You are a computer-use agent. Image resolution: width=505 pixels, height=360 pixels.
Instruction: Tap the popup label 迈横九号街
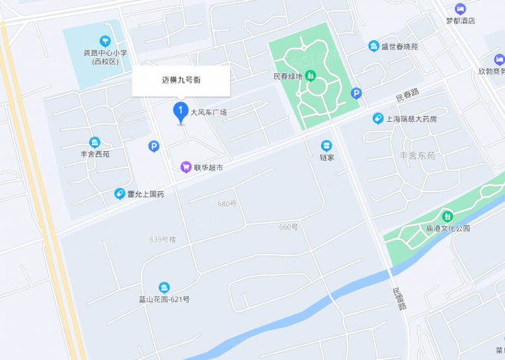click(x=181, y=81)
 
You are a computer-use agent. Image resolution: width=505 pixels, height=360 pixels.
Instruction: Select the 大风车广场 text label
click(x=208, y=112)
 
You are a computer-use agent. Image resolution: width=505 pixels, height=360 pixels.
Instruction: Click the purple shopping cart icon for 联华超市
click(x=186, y=167)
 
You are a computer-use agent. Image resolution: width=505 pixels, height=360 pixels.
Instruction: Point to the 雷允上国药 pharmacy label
click(x=145, y=194)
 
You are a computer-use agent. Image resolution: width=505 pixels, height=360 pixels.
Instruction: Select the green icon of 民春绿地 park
click(x=311, y=76)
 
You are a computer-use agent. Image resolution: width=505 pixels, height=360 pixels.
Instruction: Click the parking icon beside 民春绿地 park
click(x=355, y=93)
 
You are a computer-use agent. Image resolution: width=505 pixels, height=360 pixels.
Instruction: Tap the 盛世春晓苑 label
click(x=399, y=47)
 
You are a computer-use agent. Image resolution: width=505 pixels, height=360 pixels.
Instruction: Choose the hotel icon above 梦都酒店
click(x=460, y=8)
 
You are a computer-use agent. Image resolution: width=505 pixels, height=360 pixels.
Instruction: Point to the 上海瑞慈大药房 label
click(x=412, y=119)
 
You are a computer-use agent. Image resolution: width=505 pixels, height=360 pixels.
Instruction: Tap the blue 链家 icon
click(x=326, y=146)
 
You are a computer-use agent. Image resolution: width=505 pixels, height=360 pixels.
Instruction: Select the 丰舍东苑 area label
click(x=417, y=156)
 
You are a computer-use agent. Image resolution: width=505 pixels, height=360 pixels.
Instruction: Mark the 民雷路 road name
click(x=399, y=298)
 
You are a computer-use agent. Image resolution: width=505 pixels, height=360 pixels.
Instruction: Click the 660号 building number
click(x=288, y=227)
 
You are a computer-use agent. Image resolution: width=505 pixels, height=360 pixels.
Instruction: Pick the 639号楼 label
click(x=163, y=239)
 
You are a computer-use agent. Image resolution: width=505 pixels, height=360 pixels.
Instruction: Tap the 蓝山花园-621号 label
click(x=164, y=300)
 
